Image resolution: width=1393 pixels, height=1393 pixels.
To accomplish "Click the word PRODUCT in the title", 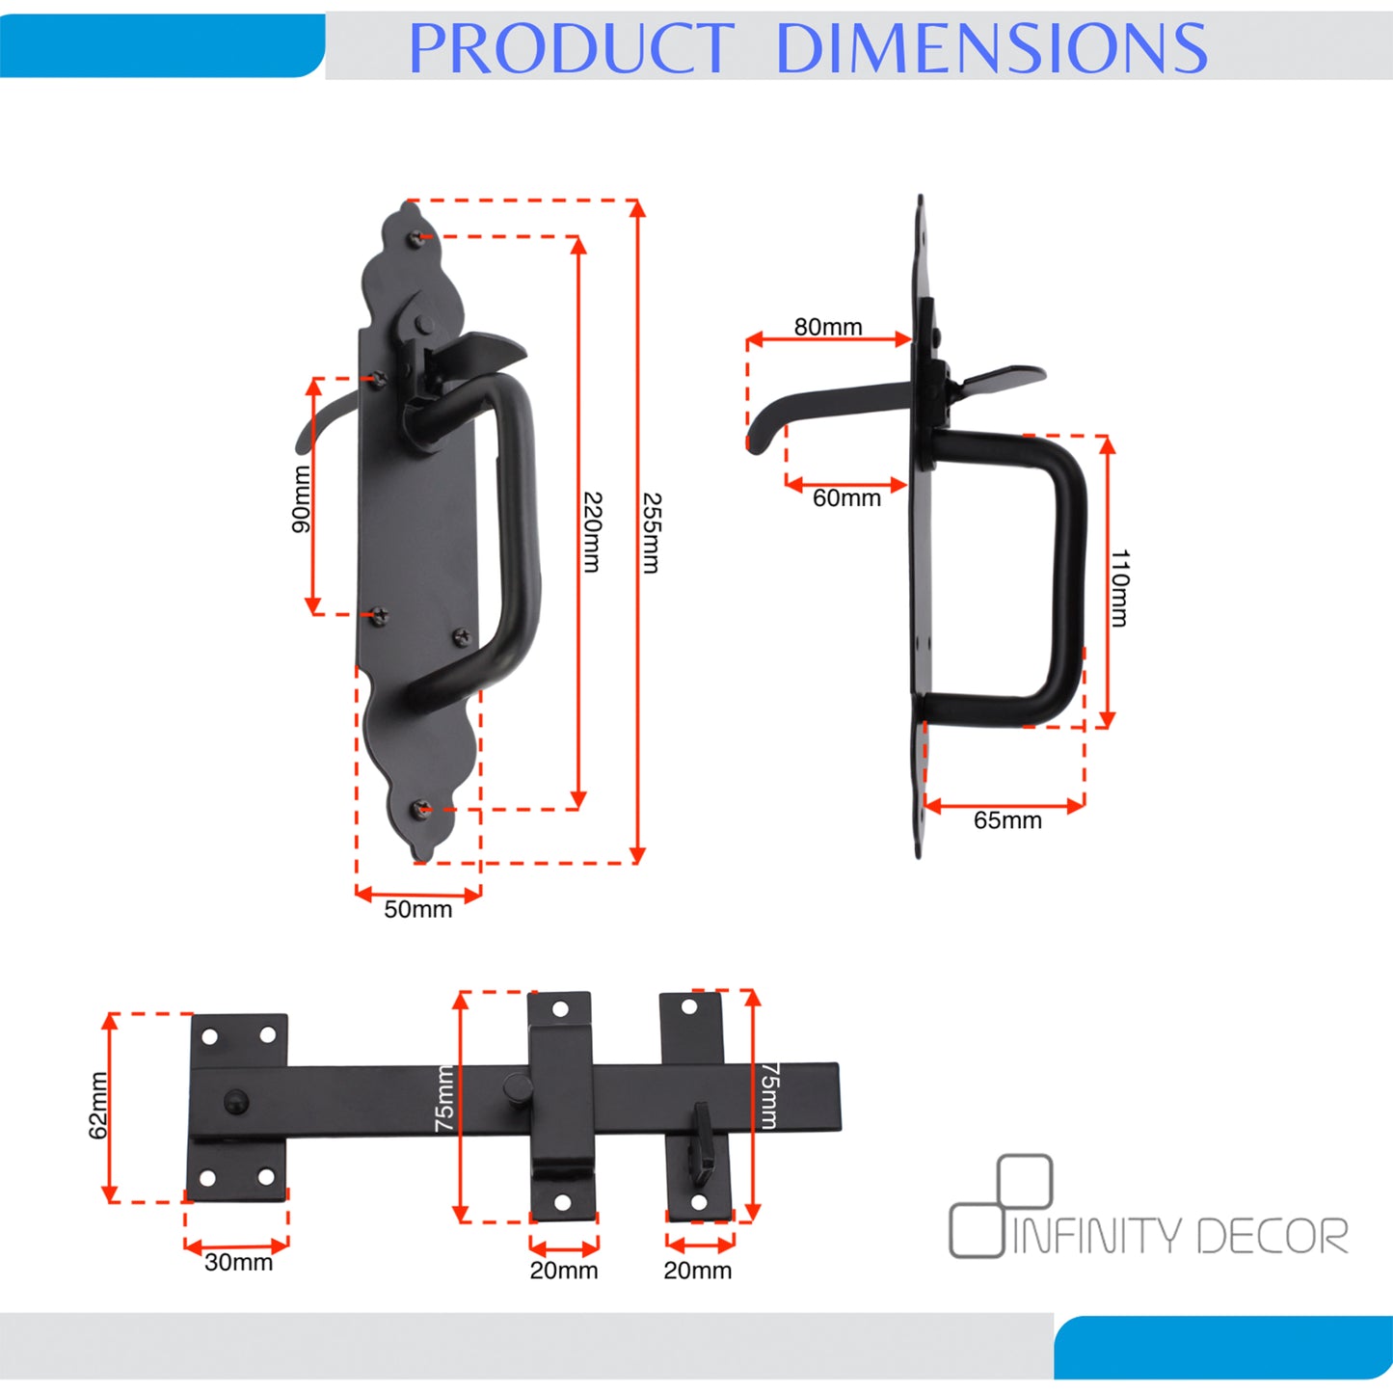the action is click(572, 47).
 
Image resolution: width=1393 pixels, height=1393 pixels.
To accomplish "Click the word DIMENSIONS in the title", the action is click(991, 47).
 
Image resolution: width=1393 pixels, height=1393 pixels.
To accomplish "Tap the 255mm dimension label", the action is click(652, 533).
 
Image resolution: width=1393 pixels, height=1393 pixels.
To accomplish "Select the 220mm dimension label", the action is click(592, 532).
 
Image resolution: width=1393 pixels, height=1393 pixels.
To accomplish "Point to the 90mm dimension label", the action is click(301, 498).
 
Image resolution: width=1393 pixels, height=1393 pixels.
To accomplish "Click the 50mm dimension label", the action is click(417, 909).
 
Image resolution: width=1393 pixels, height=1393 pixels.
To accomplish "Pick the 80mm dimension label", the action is click(828, 327).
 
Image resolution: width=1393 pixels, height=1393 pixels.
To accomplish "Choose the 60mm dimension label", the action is click(846, 498).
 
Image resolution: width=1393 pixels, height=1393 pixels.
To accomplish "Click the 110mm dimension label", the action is click(1120, 588).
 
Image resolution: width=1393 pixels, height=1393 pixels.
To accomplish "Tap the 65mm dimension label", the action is click(1007, 820).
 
